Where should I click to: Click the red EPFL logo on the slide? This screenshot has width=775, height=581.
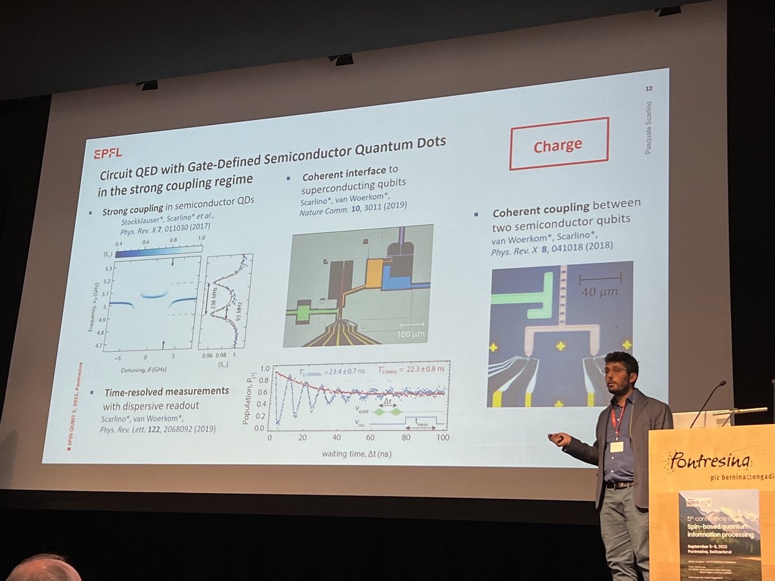(107, 153)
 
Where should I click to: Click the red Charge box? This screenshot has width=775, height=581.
(559, 144)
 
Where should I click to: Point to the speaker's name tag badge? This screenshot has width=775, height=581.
(616, 446)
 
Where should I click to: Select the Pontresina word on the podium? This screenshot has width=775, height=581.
(709, 461)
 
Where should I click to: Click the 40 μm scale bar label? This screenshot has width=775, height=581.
(599, 292)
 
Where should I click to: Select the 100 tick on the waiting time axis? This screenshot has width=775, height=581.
(442, 438)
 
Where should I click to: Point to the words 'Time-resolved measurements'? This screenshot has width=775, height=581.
(166, 392)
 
